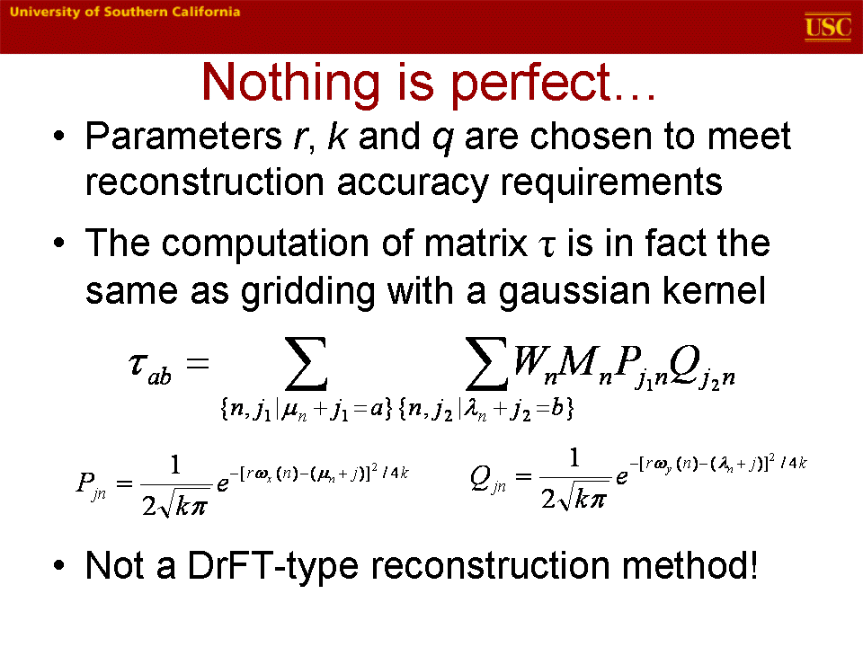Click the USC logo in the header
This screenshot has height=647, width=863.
[828, 27]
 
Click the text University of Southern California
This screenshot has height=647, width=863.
[125, 12]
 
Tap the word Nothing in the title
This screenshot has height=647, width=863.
[290, 83]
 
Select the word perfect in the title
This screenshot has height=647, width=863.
[531, 84]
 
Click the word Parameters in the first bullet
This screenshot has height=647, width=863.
[183, 136]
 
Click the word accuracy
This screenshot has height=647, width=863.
[413, 183]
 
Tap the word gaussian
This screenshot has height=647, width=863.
[574, 292]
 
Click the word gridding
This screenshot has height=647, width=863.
[308, 292]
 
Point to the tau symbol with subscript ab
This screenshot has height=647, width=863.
[149, 368]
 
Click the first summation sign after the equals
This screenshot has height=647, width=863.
[306, 364]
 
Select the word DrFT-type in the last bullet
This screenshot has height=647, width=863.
[273, 566]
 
